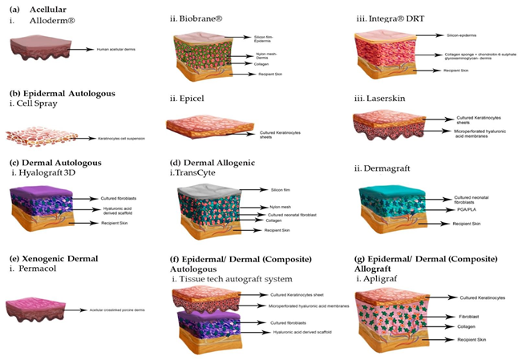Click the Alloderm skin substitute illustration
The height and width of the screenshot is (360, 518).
(x=35, y=51)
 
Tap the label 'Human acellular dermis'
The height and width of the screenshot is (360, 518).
(x=114, y=50)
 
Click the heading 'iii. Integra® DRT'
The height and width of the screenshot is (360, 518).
(x=391, y=18)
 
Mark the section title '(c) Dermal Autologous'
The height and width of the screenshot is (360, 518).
(x=55, y=163)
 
